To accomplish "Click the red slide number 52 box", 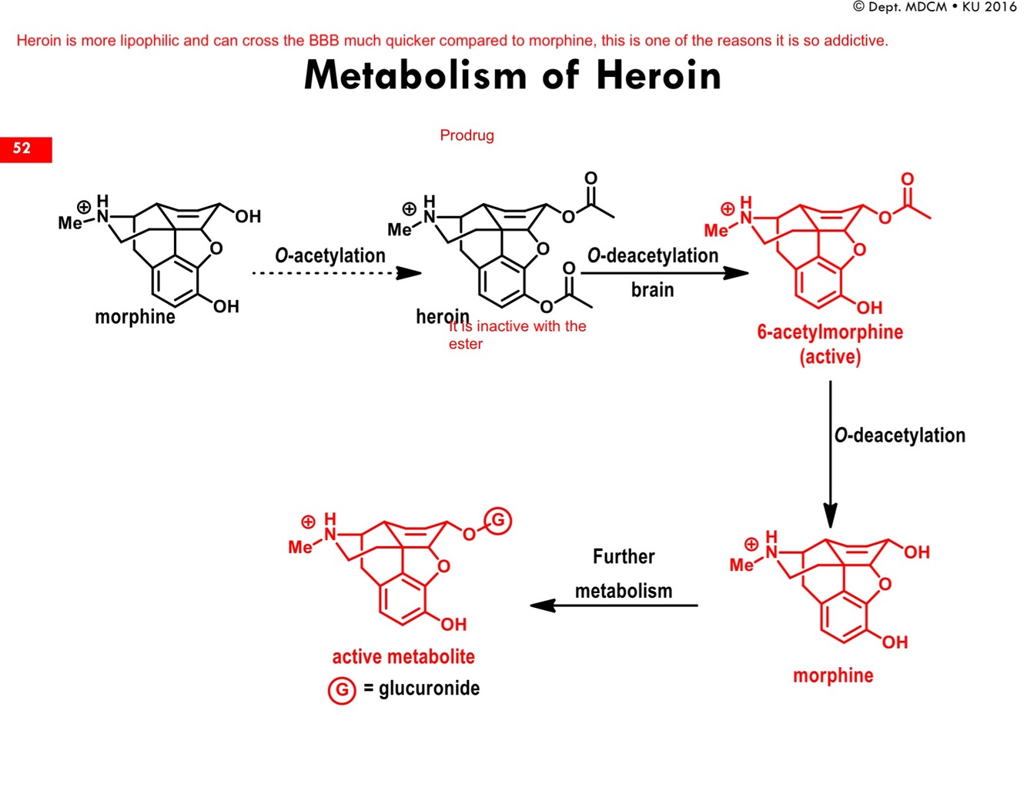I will pyautogui.click(x=25, y=149).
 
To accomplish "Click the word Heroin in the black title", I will pyautogui.click(x=658, y=75).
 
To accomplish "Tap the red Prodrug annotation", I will pyautogui.click(x=467, y=135).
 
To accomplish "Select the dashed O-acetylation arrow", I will pyautogui.click(x=336, y=273).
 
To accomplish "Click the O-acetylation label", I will pyautogui.click(x=330, y=255).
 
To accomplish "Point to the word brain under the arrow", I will pyautogui.click(x=652, y=290).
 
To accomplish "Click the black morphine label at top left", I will pyautogui.click(x=135, y=316).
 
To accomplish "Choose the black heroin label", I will pyautogui.click(x=442, y=316).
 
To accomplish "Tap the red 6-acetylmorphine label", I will pyautogui.click(x=830, y=332).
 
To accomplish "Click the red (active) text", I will pyautogui.click(x=830, y=357).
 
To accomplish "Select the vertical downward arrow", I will pyautogui.click(x=830, y=454).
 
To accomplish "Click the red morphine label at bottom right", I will pyautogui.click(x=833, y=676).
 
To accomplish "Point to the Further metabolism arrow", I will pyautogui.click(x=614, y=606).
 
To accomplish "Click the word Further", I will pyautogui.click(x=624, y=556).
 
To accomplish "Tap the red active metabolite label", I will pyautogui.click(x=403, y=657).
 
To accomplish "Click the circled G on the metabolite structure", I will pyautogui.click(x=498, y=521).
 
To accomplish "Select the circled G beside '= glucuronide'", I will pyautogui.click(x=342, y=690).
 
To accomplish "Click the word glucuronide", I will pyautogui.click(x=429, y=688).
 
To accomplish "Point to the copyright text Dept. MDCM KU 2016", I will pyautogui.click(x=935, y=7).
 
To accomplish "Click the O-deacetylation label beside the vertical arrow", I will pyautogui.click(x=899, y=435).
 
